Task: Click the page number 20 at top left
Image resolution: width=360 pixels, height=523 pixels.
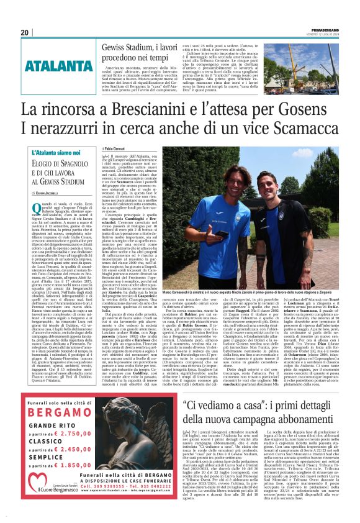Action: pos(24,33)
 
